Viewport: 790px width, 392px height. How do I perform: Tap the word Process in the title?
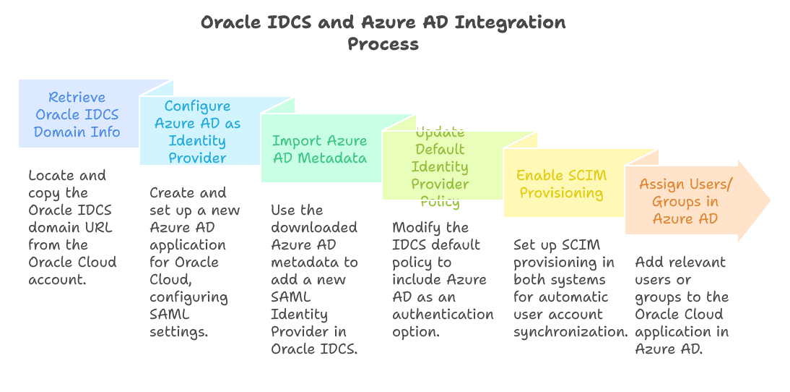383,44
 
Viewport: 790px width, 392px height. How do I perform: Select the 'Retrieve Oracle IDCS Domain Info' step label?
77,114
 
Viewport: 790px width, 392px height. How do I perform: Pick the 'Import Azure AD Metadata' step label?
319,149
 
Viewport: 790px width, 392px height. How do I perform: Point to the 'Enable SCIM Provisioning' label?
561,184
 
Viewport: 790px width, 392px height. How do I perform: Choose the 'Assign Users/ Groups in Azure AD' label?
685,201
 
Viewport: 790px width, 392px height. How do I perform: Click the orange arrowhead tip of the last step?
771,200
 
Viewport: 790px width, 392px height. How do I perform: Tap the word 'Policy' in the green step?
440,201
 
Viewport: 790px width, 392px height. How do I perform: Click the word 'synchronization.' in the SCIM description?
570,331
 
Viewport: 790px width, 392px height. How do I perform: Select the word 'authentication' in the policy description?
443,315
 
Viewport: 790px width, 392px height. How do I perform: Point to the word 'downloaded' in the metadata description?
314,228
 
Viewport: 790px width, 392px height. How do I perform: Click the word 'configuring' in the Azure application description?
188,297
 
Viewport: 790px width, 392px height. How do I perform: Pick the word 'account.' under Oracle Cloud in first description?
58,279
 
